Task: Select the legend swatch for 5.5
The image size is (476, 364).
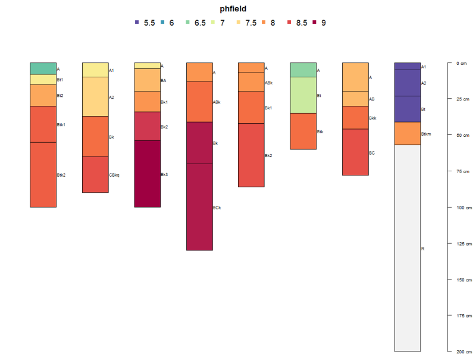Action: (x=137, y=23)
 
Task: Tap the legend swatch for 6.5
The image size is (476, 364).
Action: (x=187, y=23)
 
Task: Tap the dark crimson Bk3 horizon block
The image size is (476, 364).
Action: (x=148, y=174)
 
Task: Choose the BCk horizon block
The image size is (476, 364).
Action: (x=199, y=207)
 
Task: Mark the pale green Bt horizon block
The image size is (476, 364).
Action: (x=303, y=95)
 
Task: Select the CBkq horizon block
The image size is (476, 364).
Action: (x=95, y=174)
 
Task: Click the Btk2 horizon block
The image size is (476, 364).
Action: (x=43, y=175)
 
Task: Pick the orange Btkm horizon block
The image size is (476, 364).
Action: (x=408, y=133)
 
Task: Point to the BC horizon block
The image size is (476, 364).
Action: (x=355, y=152)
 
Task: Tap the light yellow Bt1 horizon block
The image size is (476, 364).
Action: (x=43, y=79)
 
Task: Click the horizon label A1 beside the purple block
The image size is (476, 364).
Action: (x=424, y=67)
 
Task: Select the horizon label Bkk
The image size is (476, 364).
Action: (x=372, y=118)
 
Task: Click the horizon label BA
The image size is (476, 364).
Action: (x=164, y=80)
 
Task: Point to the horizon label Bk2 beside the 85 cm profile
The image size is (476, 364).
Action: (x=268, y=156)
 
